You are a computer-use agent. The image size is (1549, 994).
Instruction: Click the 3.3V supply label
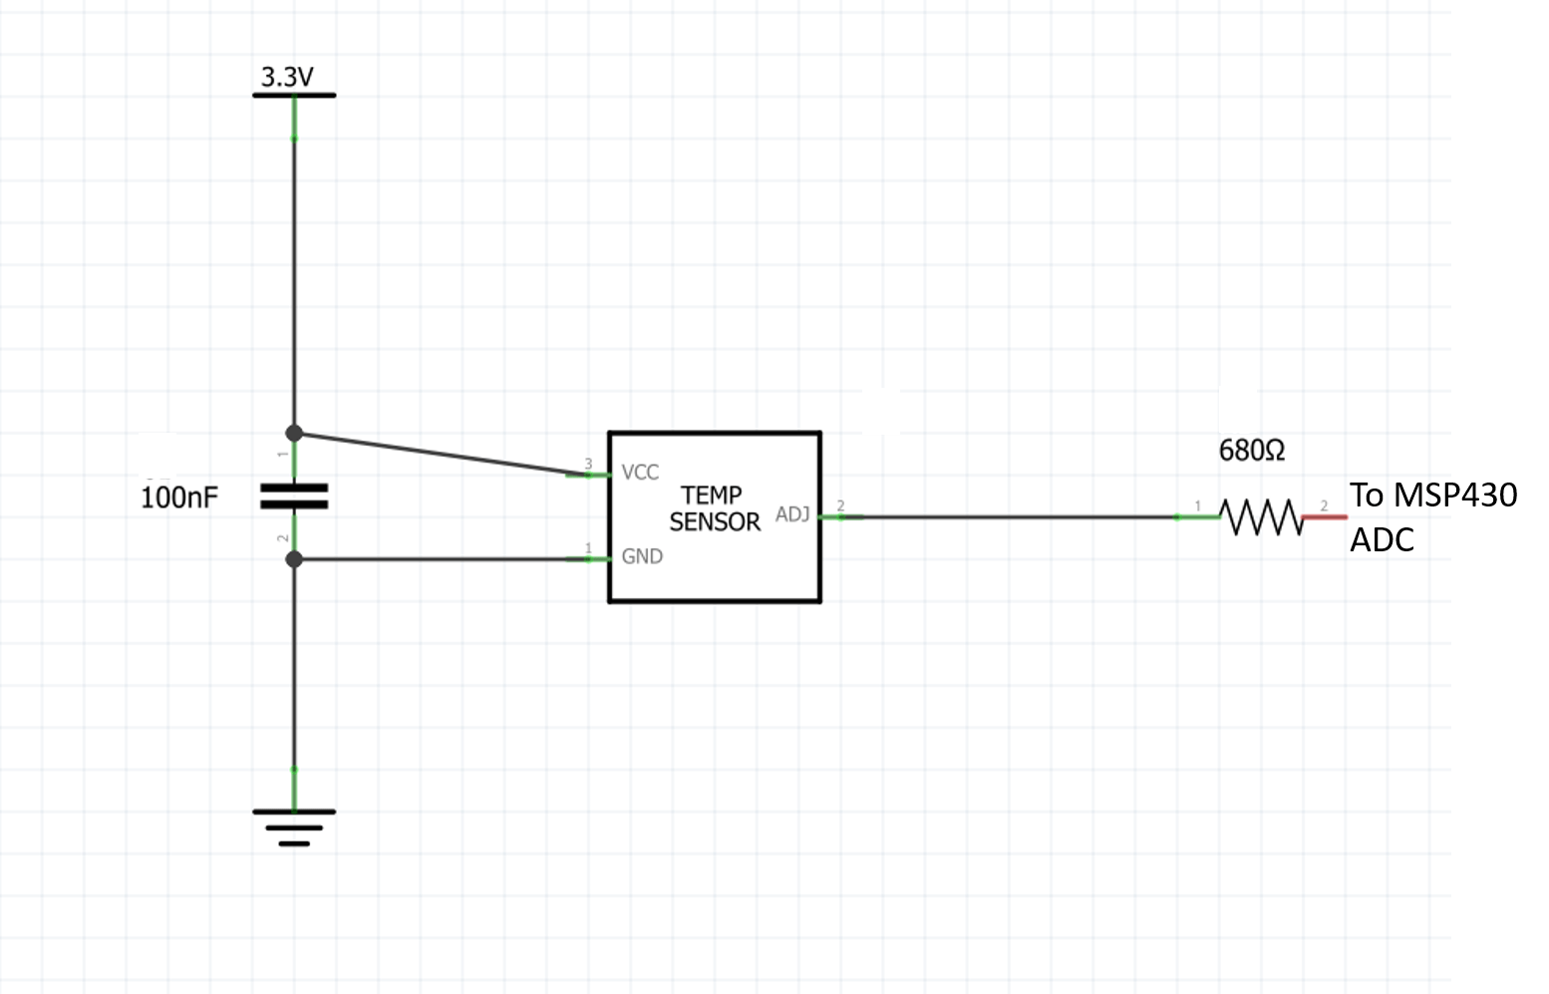pyautogui.click(x=287, y=77)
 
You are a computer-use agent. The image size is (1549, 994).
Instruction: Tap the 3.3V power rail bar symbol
pyautogui.click(x=294, y=96)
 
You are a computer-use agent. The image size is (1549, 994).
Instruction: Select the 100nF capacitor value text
pyautogui.click(x=178, y=497)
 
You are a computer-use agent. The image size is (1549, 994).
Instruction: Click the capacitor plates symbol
pyautogui.click(x=294, y=497)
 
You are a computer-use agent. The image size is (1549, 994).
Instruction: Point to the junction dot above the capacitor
pyautogui.click(x=294, y=433)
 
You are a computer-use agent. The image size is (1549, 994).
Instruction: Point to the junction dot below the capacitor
pyautogui.click(x=294, y=559)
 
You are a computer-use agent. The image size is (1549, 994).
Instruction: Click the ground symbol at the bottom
pyautogui.click(x=294, y=827)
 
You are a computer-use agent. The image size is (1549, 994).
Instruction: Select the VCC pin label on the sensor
pyautogui.click(x=640, y=473)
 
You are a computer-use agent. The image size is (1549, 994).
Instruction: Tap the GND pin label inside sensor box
pyautogui.click(x=642, y=556)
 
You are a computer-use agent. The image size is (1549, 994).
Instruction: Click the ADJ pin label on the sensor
pyautogui.click(x=792, y=514)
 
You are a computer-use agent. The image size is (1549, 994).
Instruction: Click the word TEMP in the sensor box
pyautogui.click(x=712, y=496)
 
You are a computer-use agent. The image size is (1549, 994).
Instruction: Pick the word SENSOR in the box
pyautogui.click(x=715, y=522)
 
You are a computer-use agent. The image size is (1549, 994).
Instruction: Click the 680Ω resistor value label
pyautogui.click(x=1252, y=451)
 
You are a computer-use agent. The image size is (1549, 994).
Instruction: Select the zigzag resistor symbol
pyautogui.click(x=1262, y=516)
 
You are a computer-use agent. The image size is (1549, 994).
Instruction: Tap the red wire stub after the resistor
pyautogui.click(x=1326, y=516)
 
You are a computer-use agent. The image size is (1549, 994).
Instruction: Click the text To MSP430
pyautogui.click(x=1433, y=495)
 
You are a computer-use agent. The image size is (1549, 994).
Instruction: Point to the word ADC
pyautogui.click(x=1382, y=539)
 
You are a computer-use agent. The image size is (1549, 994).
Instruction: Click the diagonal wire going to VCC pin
pyautogui.click(x=439, y=454)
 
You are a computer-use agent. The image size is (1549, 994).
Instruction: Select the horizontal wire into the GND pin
pyautogui.click(x=439, y=559)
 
